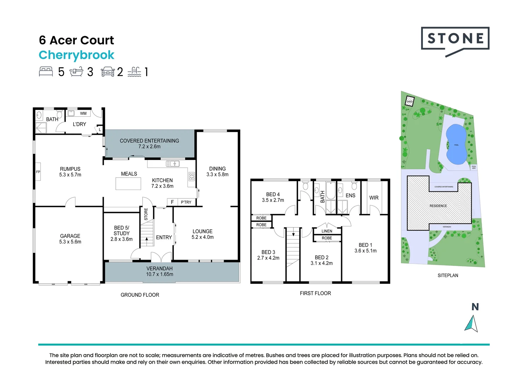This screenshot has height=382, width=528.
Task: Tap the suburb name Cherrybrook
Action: coord(76,55)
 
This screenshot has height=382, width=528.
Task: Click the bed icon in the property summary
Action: coord(46,72)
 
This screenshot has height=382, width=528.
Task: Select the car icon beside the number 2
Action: coord(108,72)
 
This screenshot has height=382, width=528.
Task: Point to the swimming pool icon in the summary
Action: coord(134,72)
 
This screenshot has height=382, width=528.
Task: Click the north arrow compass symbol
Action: coord(471,323)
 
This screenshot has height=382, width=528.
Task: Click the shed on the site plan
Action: coord(409,101)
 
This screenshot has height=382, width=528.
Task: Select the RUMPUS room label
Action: coord(70,169)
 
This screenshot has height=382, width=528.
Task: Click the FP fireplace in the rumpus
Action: coord(38,172)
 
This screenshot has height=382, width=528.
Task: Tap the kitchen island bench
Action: coord(128,184)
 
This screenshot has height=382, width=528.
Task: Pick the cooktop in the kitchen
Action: coord(191,176)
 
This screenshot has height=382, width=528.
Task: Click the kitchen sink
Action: coord(173,164)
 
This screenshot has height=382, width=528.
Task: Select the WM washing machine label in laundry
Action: coord(83,114)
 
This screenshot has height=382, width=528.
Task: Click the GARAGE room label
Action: coord(70,236)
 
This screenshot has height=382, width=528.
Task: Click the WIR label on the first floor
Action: coord(374,198)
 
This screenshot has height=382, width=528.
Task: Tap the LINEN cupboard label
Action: coord(327,231)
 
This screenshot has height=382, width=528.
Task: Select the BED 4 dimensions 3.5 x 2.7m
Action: coord(273,200)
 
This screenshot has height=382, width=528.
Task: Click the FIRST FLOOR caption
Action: coord(315,293)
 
